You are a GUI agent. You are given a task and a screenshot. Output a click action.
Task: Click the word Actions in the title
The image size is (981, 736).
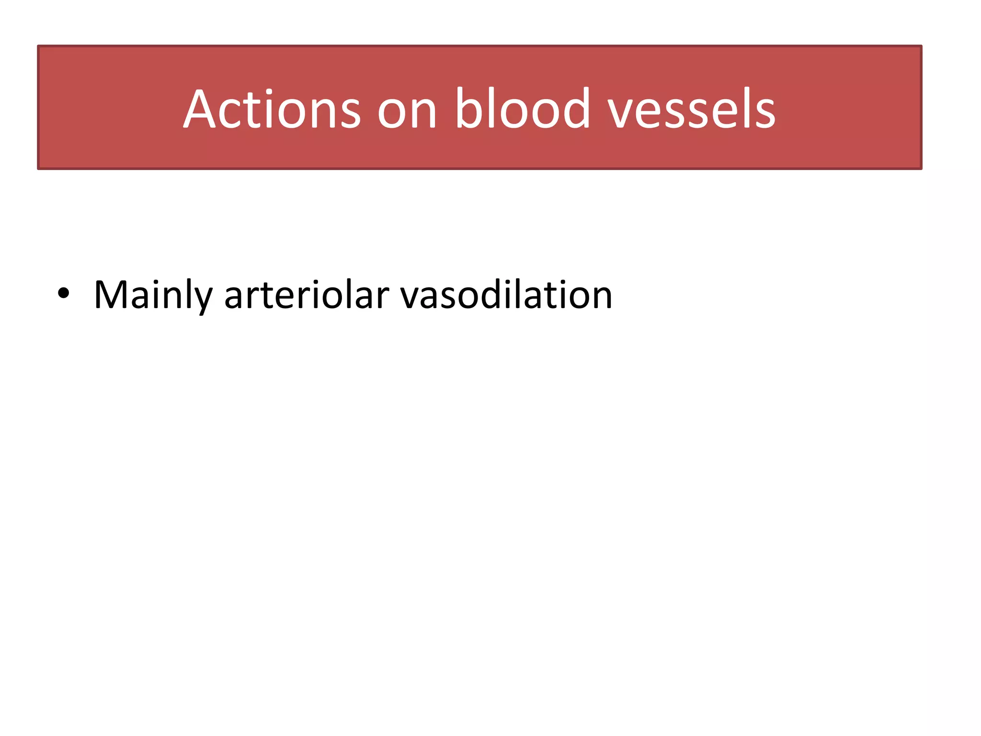tap(272, 109)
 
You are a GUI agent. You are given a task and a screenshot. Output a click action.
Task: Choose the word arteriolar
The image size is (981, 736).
tap(307, 295)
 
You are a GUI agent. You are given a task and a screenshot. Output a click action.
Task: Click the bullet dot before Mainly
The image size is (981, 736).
tap(63, 294)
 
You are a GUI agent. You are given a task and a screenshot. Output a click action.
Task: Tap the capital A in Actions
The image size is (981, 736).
tap(200, 109)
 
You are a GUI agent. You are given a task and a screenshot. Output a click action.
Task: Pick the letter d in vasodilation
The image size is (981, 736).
tap(494, 294)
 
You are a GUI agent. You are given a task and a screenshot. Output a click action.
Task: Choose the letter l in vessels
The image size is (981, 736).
tap(741, 108)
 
